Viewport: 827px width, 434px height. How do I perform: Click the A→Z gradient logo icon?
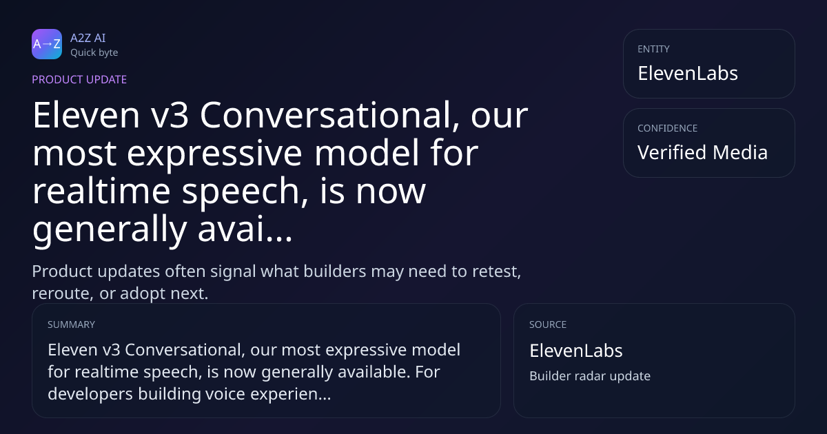coord(47,44)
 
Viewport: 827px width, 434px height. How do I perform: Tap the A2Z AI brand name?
coord(88,38)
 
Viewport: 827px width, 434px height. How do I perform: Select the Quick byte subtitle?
coord(94,52)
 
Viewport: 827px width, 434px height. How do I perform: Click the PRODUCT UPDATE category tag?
coord(79,79)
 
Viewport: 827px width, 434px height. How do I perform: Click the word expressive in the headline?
coord(214,154)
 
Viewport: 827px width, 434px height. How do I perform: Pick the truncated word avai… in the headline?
coord(245,229)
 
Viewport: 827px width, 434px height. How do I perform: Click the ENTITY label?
coord(653,49)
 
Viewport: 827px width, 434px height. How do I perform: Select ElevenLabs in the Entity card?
coord(688,73)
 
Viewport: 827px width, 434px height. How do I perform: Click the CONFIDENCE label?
coord(667,128)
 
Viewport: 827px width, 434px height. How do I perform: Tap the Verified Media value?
coord(702,152)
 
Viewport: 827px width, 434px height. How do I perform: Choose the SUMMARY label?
coord(71,324)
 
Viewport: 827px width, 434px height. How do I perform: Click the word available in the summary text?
coord(374,371)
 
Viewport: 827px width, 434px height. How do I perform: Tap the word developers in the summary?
coord(90,394)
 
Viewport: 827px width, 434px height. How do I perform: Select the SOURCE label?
coord(547,324)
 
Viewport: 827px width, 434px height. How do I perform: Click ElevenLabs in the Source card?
coord(576,351)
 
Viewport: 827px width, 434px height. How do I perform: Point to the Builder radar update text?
coord(590,376)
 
